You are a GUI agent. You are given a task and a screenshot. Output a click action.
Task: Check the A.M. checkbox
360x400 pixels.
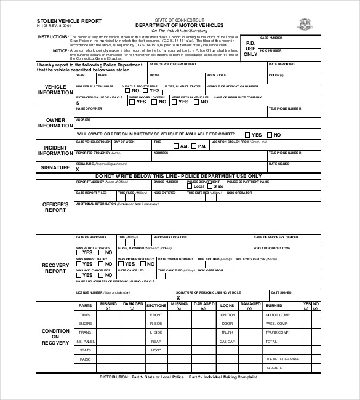pos(176,146)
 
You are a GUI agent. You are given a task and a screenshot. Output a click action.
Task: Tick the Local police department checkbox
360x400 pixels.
pos(191,186)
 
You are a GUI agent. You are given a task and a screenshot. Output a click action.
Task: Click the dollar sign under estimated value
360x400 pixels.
pos(78,103)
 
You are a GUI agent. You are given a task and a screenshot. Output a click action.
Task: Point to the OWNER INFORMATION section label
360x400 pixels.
pos(55,122)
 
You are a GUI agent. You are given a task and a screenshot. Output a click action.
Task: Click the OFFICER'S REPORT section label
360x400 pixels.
pos(55,207)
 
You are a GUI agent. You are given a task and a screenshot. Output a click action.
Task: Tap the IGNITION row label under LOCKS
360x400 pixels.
pos(227,314)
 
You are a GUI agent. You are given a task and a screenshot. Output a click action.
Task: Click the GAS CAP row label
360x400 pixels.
pos(227,341)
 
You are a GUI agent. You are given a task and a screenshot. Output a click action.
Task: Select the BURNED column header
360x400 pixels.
pos(273,305)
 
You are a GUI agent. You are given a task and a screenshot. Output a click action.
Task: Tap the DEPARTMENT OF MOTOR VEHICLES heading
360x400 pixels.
pos(180,25)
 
